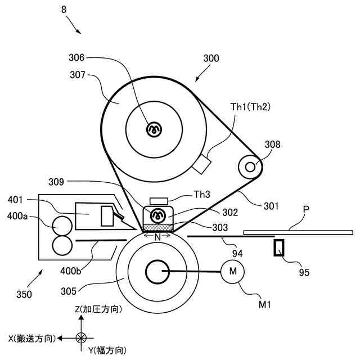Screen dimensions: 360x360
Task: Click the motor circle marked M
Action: (231, 272)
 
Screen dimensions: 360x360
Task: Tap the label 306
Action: (76, 57)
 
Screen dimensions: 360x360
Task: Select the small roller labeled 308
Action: (250, 166)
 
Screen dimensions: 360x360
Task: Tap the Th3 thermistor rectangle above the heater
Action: (159, 201)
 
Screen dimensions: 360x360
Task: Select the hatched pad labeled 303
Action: (159, 227)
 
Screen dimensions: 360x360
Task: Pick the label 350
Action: (24, 294)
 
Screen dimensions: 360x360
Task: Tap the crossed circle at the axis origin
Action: (82, 337)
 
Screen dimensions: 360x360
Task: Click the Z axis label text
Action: (98, 309)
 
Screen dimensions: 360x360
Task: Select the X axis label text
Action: (31, 338)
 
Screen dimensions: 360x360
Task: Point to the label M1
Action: (264, 304)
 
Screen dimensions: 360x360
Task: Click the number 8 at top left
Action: (62, 9)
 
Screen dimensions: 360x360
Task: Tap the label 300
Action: (211, 58)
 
